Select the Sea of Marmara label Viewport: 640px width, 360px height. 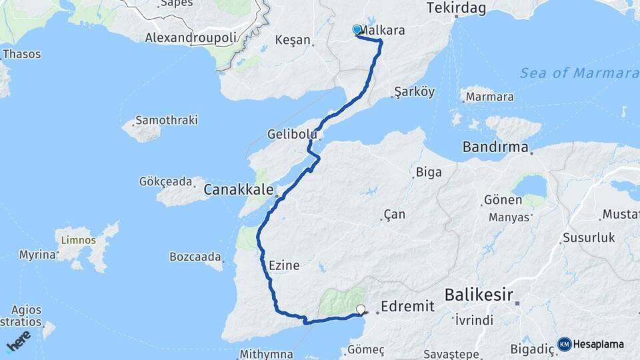[579, 73]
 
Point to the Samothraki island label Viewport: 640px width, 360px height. [166, 121]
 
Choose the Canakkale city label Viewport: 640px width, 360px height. [238, 190]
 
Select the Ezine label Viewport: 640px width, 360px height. [283, 265]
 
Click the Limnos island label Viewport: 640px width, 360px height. [78, 240]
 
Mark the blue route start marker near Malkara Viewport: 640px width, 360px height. [357, 30]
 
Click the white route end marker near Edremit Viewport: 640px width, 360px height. [361, 309]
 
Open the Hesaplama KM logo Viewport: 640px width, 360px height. [591, 344]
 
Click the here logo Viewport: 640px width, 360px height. [18, 341]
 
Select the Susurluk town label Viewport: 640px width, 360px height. [584, 237]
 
